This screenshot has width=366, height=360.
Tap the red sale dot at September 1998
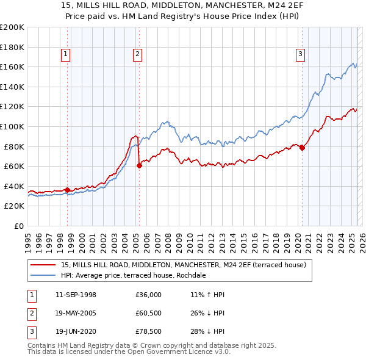[x=67, y=190]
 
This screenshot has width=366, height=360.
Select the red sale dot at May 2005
[x=139, y=165]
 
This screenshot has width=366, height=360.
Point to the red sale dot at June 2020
[x=302, y=147]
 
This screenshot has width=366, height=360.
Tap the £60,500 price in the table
[x=149, y=314]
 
